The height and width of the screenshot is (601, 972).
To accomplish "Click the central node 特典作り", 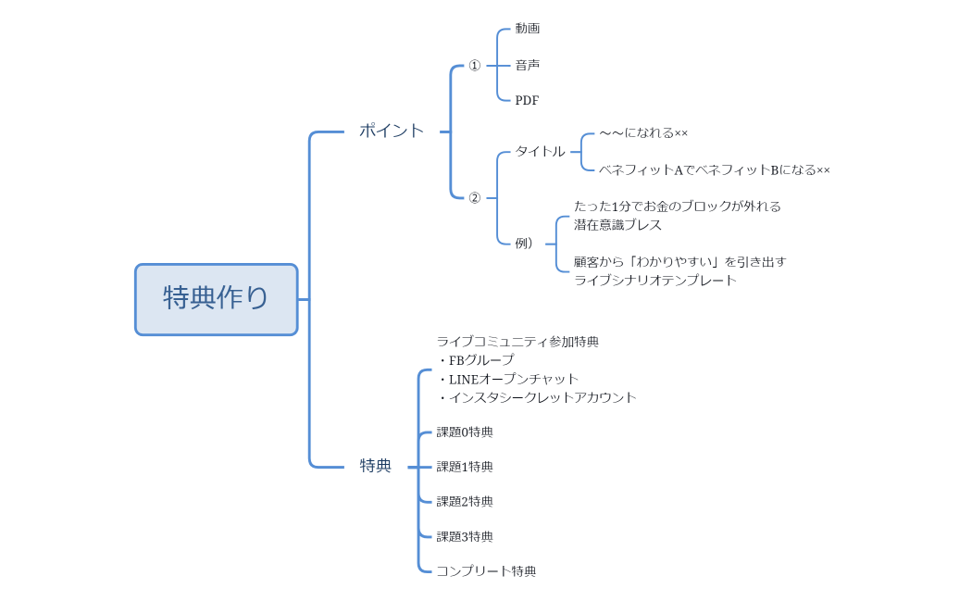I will coord(216,298).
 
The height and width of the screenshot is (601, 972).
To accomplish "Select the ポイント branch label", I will coord(392,131).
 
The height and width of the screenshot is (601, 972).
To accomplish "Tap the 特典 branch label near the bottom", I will coord(376,466).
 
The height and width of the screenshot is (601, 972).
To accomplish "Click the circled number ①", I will coord(475,66).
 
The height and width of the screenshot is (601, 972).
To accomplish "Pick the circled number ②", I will coord(475,197).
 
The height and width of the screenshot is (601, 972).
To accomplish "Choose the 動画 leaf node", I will coord(528,29).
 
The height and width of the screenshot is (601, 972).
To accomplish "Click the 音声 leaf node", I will coord(528,65).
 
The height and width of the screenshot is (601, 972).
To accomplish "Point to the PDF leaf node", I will coord(527,100).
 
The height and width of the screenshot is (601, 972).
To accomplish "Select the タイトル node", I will coord(540,151).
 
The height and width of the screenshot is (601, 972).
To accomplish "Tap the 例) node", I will coord(524,243).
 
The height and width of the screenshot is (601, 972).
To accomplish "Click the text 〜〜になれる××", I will coord(643,133).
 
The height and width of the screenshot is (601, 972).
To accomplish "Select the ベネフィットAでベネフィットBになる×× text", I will coord(714,169).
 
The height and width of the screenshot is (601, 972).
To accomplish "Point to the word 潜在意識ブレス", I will coord(617,225).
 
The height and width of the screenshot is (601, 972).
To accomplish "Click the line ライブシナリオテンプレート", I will coord(655,280).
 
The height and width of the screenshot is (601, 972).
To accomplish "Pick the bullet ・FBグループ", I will coord(476,360).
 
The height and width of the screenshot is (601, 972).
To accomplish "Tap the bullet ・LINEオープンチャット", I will coord(508,379).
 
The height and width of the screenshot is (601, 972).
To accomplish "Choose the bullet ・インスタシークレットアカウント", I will coord(537,397).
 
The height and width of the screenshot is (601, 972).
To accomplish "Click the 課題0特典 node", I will coord(465,432).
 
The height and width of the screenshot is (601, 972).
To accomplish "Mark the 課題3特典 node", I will coord(465,536).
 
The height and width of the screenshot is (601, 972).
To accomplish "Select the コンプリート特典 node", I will coord(486,571).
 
